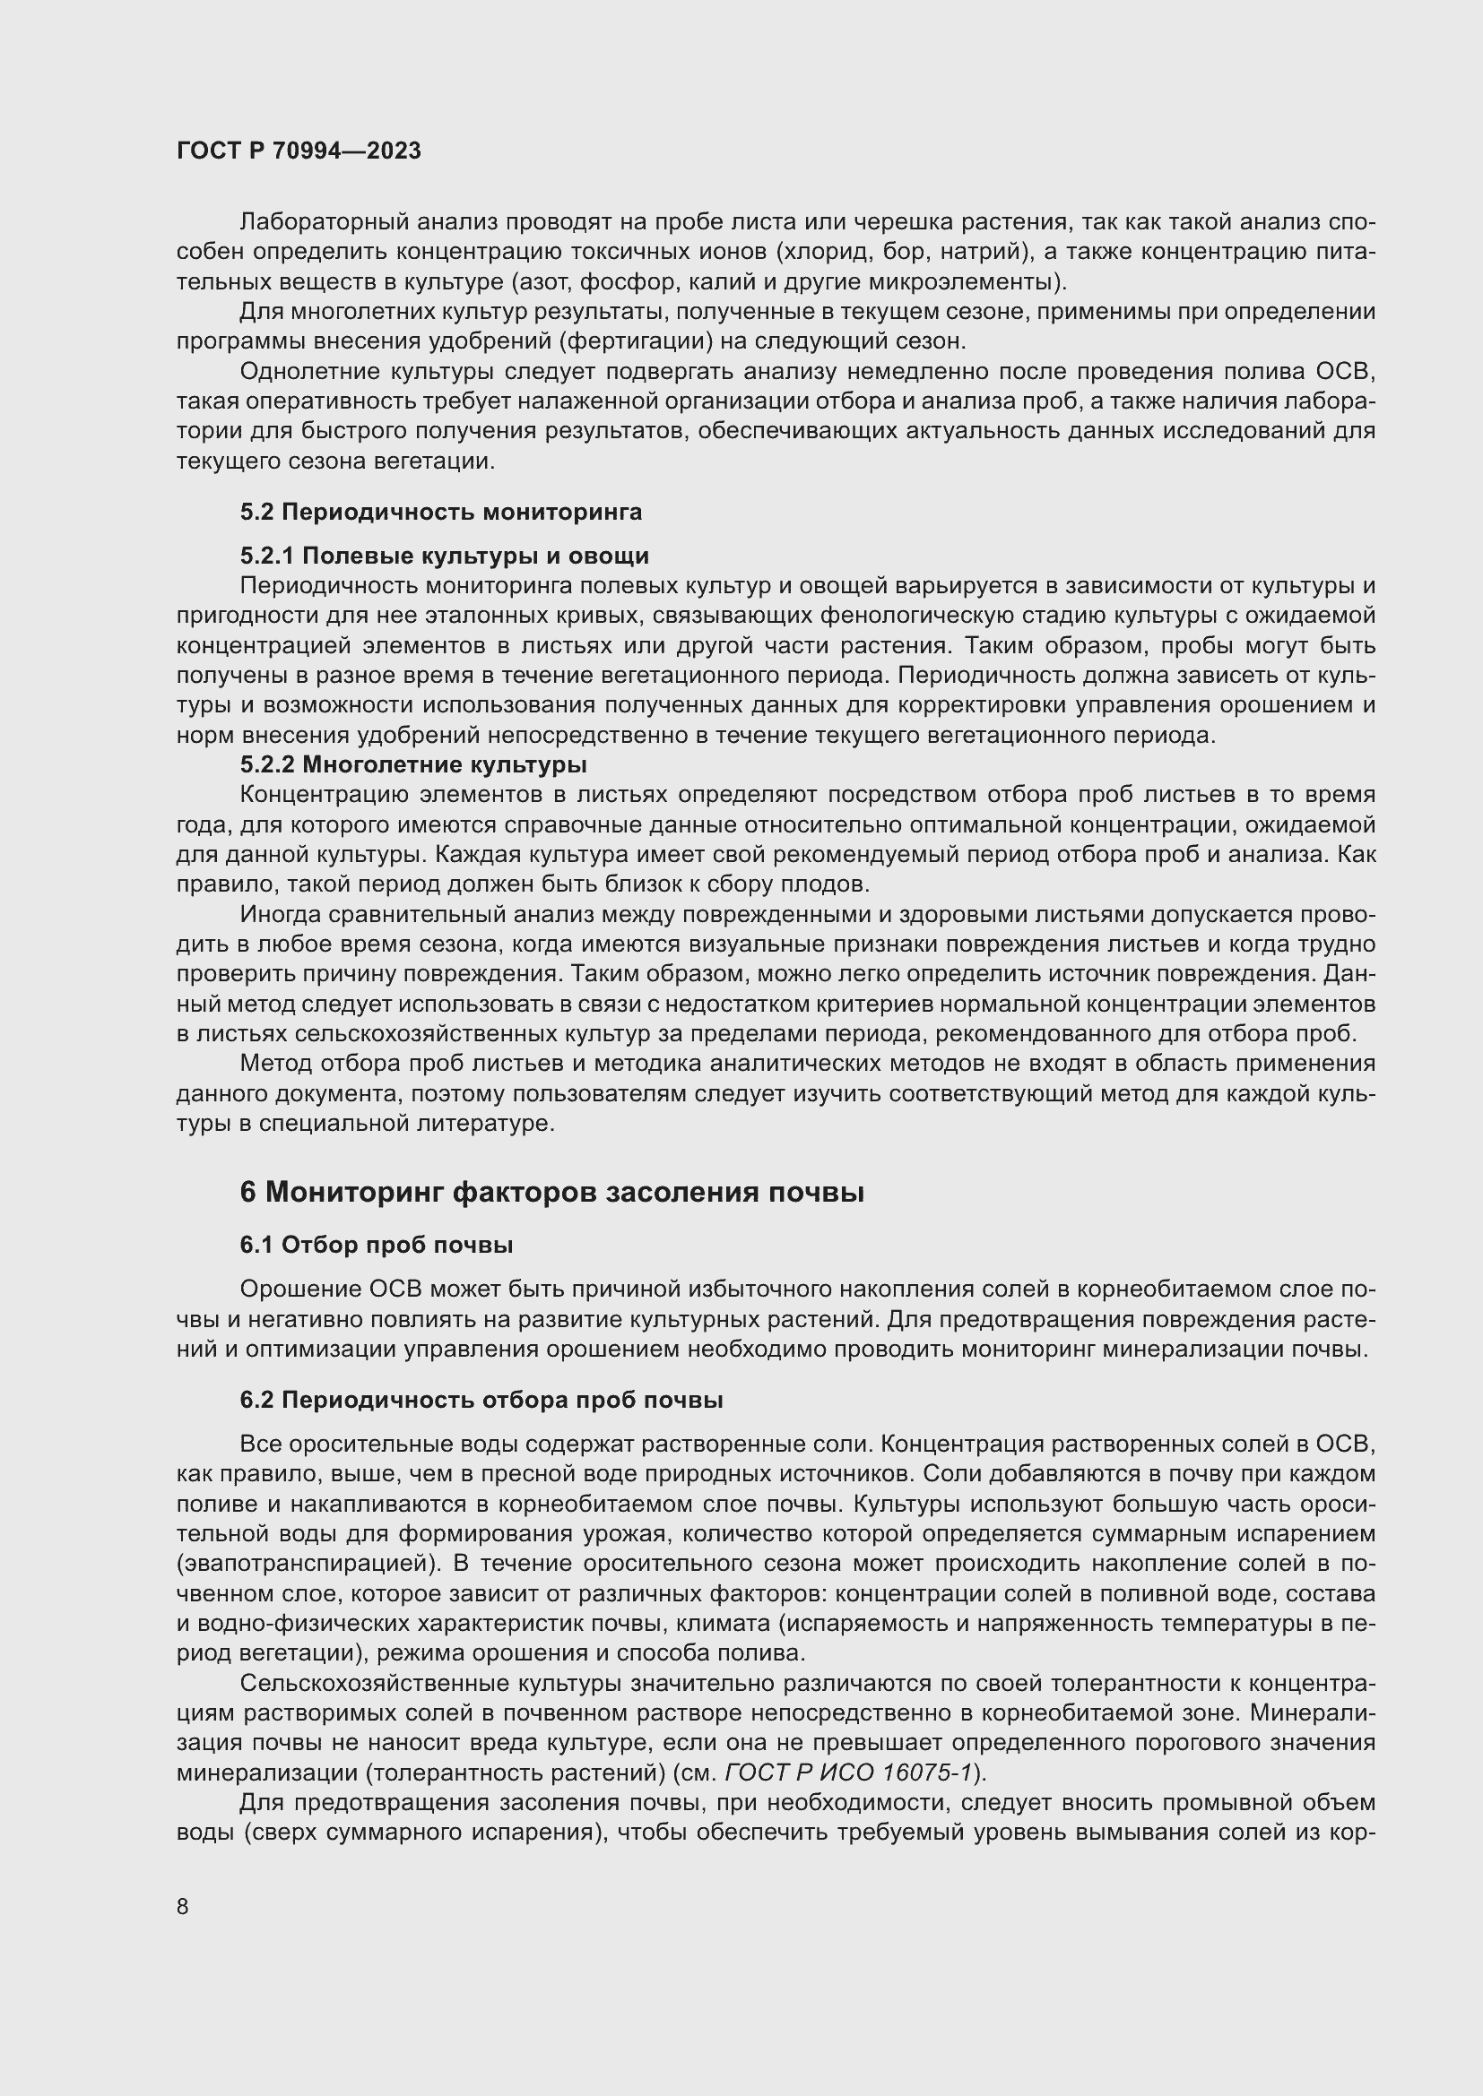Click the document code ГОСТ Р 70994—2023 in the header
[x=299, y=151]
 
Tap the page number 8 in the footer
[x=183, y=1906]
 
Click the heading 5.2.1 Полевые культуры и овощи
[x=444, y=556]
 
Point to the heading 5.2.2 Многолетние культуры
[x=412, y=763]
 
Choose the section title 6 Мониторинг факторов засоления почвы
[x=551, y=1192]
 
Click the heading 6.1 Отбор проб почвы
[x=376, y=1245]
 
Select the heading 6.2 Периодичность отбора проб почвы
[x=481, y=1400]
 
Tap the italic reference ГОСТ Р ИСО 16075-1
[x=848, y=1772]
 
